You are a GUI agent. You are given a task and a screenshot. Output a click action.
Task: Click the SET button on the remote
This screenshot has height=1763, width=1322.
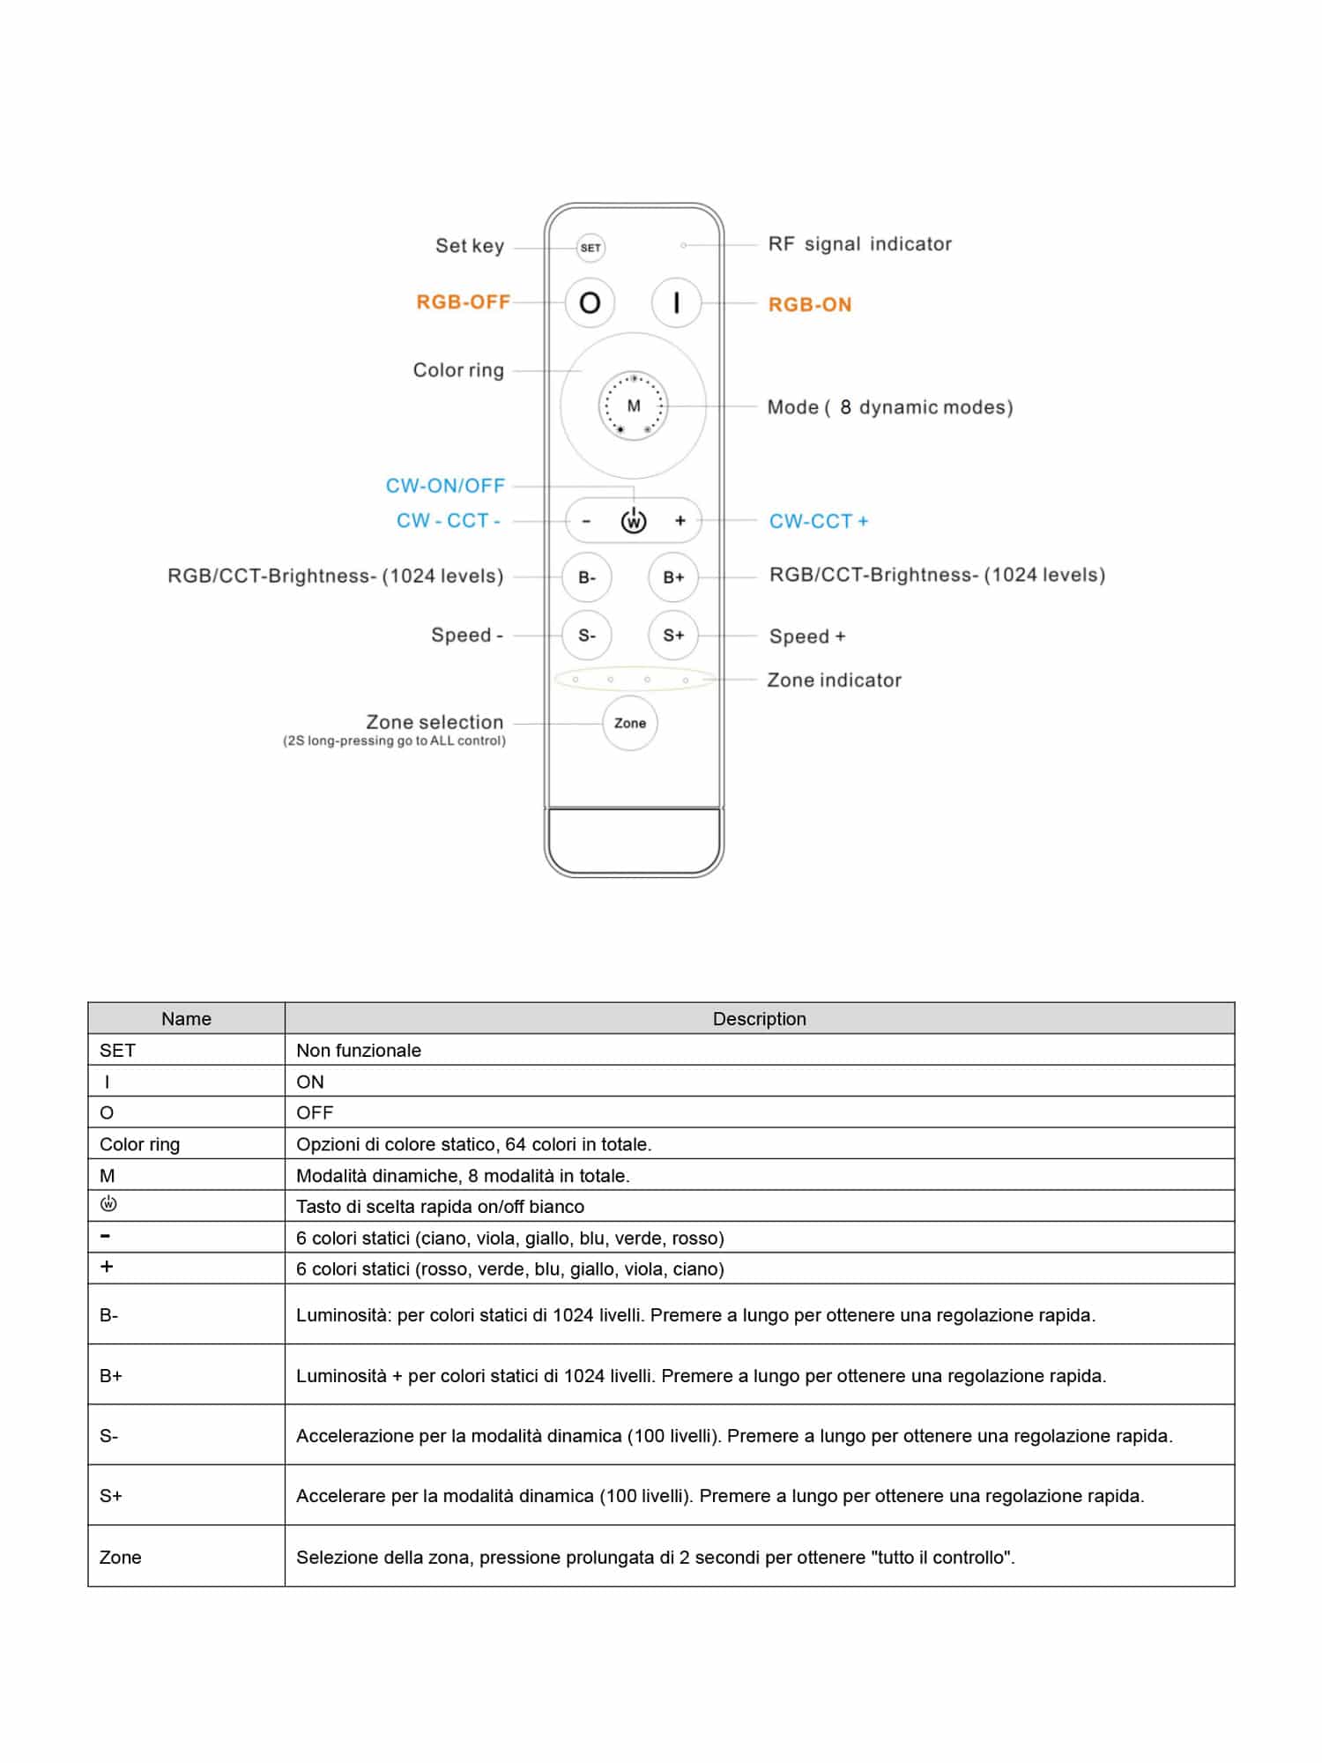pyautogui.click(x=590, y=248)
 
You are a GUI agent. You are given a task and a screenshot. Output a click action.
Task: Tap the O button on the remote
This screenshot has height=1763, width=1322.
pyautogui.click(x=590, y=303)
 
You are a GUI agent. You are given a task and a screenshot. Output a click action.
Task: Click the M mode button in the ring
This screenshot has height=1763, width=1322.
pyautogui.click(x=634, y=406)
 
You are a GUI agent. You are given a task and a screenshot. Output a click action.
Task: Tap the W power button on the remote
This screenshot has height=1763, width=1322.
pyautogui.click(x=634, y=522)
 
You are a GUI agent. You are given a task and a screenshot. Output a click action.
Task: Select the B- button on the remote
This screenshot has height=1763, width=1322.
pyautogui.click(x=587, y=577)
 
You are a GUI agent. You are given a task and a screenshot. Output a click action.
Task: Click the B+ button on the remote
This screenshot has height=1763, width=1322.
pyautogui.click(x=673, y=577)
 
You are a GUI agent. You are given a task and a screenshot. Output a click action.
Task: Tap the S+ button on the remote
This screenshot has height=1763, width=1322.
pyautogui.click(x=673, y=636)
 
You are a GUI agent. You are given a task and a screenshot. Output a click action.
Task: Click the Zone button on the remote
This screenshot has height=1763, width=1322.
pyautogui.click(x=630, y=724)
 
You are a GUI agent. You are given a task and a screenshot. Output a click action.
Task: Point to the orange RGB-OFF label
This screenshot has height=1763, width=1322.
pyautogui.click(x=463, y=302)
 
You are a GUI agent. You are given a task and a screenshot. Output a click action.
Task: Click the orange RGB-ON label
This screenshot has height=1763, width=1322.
pyautogui.click(x=810, y=305)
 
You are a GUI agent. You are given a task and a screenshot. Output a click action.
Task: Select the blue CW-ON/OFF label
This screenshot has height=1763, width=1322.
pyautogui.click(x=445, y=486)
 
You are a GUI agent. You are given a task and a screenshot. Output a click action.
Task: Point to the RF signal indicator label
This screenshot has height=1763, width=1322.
pyautogui.click(x=859, y=244)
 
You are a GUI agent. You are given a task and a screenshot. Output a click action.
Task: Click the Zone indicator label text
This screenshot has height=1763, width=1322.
pyautogui.click(x=834, y=681)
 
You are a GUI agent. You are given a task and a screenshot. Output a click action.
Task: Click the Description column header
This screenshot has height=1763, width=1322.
pyautogui.click(x=759, y=1019)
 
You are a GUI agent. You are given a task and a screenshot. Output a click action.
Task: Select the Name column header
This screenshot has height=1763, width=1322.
pyautogui.click(x=186, y=1019)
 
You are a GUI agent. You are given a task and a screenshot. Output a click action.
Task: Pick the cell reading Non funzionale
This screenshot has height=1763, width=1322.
pyautogui.click(x=359, y=1051)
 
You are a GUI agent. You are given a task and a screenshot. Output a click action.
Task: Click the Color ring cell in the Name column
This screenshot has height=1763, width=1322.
pyautogui.click(x=139, y=1144)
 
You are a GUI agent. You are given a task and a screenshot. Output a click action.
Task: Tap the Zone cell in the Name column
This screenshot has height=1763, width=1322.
pyautogui.click(x=120, y=1558)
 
